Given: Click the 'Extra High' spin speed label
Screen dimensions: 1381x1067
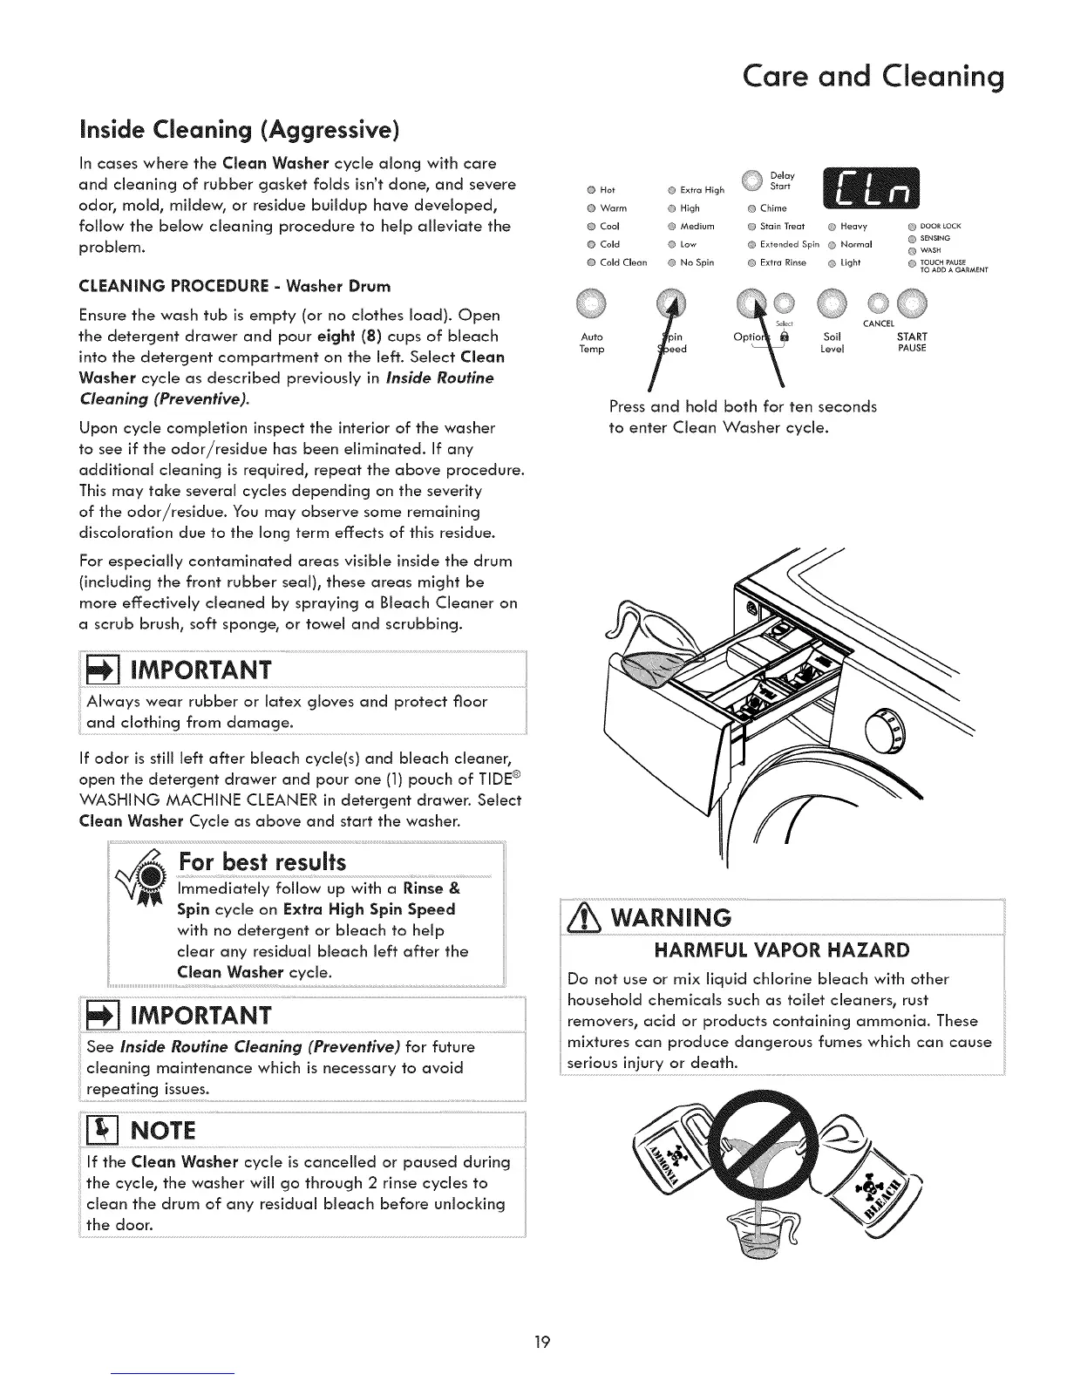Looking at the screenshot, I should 702,190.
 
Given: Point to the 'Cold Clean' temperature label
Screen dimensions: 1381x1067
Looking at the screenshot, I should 623,262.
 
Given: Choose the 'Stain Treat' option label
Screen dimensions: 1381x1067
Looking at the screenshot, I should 782,227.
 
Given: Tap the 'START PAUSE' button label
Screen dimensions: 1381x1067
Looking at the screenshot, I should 912,342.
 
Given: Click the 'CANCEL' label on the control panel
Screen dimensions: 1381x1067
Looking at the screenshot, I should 879,323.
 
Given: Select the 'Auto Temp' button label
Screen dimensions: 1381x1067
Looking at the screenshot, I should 592,343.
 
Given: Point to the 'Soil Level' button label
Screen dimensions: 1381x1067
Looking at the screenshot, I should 833,343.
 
